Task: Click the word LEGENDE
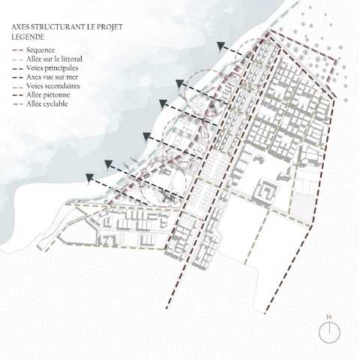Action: point(28,37)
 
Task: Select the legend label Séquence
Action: point(40,50)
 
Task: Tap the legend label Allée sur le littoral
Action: point(54,59)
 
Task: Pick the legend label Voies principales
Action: point(52,68)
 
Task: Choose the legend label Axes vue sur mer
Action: point(52,77)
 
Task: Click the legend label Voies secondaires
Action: point(53,86)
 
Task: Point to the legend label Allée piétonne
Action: point(48,95)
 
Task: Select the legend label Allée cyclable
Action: point(47,104)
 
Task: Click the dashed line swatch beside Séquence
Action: point(17,50)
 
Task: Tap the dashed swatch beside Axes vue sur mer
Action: point(17,77)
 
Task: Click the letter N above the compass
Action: point(329,317)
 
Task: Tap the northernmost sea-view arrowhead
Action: point(220,46)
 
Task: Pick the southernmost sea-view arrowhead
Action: point(89,178)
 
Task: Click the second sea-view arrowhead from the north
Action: point(179,84)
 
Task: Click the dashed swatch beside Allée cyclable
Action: point(17,104)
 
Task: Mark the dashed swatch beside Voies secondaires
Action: point(17,86)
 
